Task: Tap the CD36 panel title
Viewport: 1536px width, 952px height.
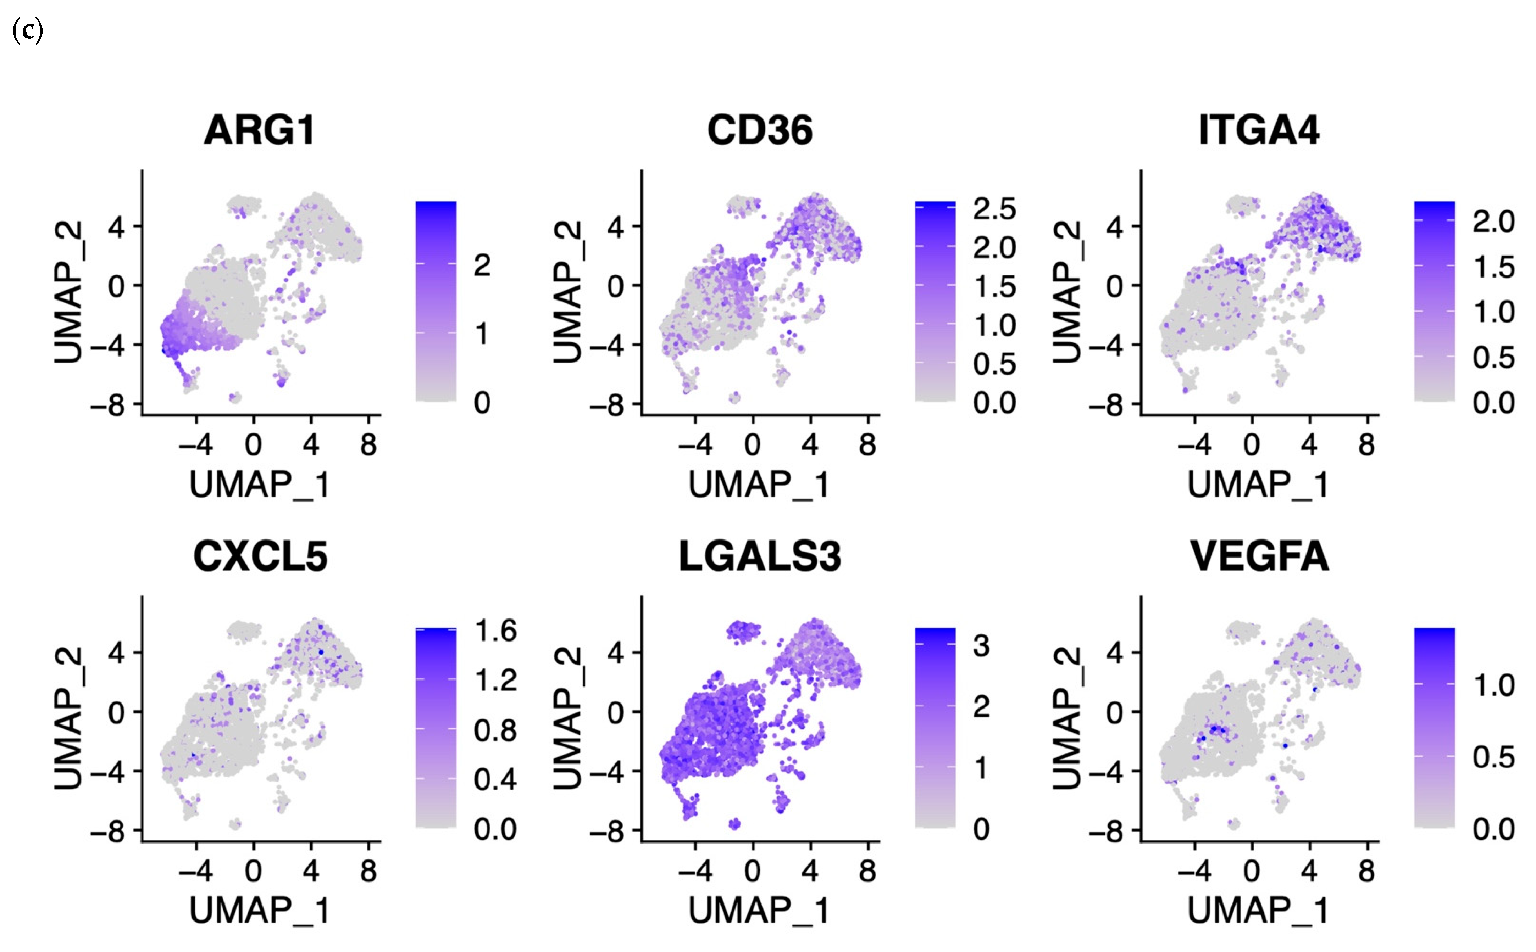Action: click(x=759, y=130)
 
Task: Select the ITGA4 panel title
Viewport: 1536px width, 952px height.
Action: click(x=1258, y=130)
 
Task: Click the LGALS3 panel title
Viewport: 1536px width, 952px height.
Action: click(x=759, y=556)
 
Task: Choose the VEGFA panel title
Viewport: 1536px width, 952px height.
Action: click(x=1259, y=556)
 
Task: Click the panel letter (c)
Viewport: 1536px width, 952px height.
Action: click(x=27, y=30)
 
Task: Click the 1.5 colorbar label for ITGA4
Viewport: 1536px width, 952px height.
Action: click(x=1493, y=267)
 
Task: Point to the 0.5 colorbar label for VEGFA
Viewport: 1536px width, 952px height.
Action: click(x=1493, y=757)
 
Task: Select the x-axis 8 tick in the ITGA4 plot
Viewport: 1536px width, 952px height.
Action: click(x=1366, y=445)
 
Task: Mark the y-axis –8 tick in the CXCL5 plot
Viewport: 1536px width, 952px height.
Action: click(x=107, y=832)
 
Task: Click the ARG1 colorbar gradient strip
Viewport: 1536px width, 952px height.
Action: click(x=436, y=301)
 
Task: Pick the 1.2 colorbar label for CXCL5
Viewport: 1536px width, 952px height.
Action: click(x=495, y=681)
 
